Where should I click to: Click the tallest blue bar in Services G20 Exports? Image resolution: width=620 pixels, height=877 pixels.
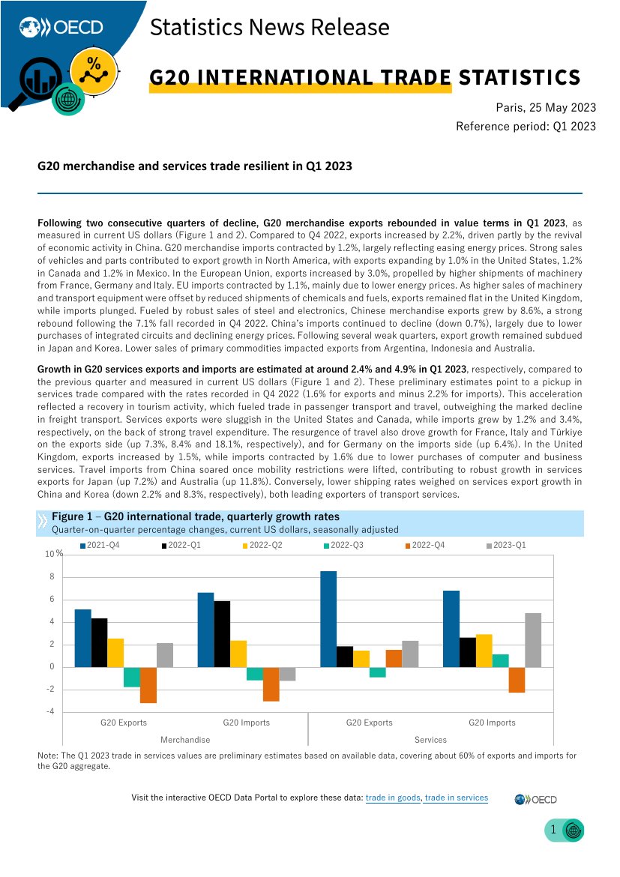pos(328,619)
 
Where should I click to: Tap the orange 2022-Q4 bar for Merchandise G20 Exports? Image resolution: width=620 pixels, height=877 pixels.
pos(148,685)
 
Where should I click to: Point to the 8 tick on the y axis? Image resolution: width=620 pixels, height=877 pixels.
pos(52,577)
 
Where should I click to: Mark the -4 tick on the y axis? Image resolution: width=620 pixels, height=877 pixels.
pos(50,712)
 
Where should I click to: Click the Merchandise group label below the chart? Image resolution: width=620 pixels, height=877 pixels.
pos(185,740)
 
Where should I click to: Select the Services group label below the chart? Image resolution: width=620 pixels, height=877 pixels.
pos(430,740)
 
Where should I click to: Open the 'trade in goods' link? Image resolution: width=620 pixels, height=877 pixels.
pos(393,798)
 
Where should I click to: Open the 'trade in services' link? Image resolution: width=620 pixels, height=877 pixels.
pos(456,798)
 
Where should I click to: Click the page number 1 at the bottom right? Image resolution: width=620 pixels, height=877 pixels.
pos(553,830)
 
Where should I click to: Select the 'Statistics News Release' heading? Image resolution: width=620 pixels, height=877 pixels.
pos(270,28)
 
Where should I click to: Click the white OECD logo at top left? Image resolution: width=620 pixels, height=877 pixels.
pos(61,28)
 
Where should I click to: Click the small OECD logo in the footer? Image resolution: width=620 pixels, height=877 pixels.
pos(535,799)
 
